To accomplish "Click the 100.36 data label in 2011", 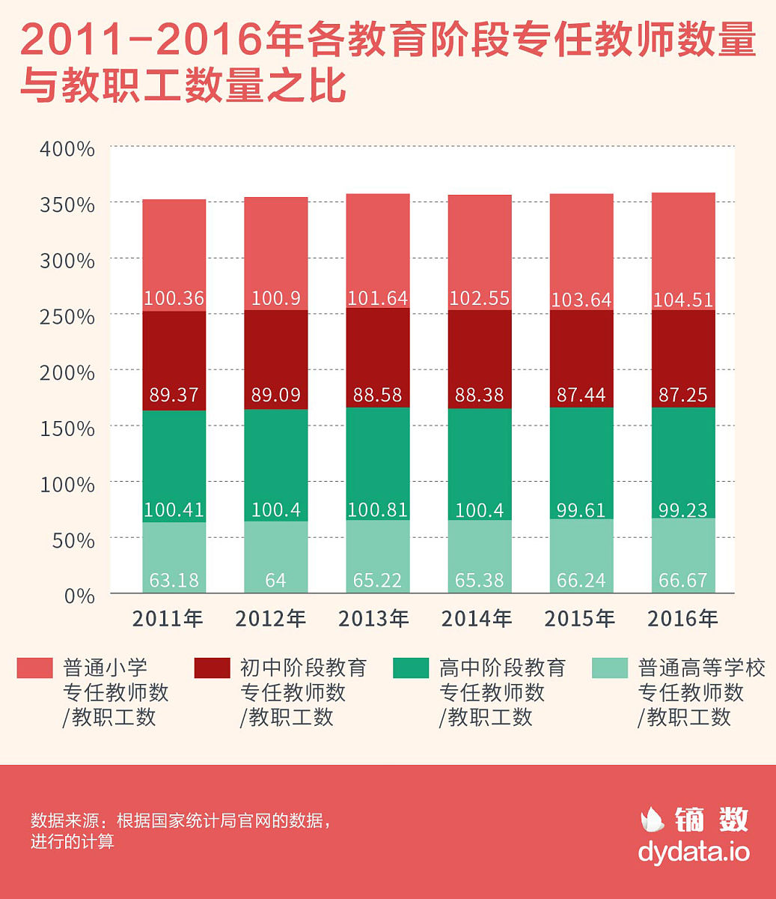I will (174, 298).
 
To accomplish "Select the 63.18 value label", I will (174, 581).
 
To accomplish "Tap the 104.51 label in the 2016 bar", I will (682, 300).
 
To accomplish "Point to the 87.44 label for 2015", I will (581, 395).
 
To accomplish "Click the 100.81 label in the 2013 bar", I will (377, 510).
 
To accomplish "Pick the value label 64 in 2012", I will (275, 581).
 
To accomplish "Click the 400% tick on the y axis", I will (67, 149).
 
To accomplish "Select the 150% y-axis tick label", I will (67, 429).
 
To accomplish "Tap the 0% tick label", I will (78, 596).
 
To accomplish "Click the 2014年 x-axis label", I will (477, 619).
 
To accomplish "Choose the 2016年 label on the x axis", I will (682, 619).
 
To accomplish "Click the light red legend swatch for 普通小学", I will (35, 668).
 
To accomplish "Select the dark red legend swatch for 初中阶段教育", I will (212, 668).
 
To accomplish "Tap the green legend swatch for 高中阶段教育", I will (411, 668).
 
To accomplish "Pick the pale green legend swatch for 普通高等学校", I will (610, 668).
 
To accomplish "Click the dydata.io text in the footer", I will (694, 852).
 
